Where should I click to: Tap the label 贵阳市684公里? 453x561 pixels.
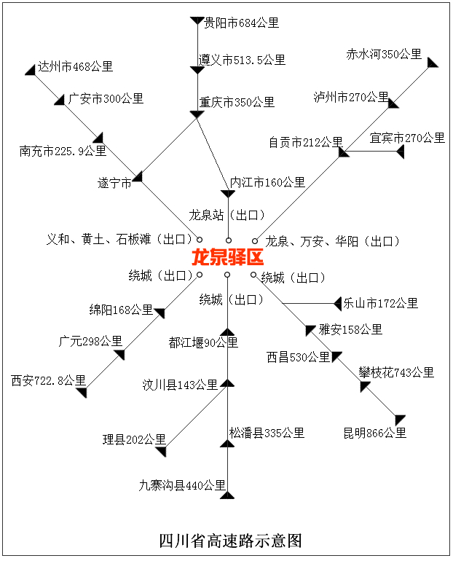pyautogui.click(x=241, y=23)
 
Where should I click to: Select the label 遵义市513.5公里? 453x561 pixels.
pyautogui.click(x=242, y=60)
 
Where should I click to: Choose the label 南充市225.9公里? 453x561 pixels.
pyautogui.click(x=63, y=152)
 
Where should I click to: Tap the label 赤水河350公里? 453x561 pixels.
pyautogui.click(x=384, y=55)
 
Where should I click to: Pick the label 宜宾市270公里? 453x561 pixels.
pyautogui.click(x=407, y=138)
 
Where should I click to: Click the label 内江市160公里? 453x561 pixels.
pyautogui.click(x=267, y=182)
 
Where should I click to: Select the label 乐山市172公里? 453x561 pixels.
pyautogui.click(x=381, y=303)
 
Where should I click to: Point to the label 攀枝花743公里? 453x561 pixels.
pyautogui.click(x=396, y=372)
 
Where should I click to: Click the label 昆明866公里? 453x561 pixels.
pyautogui.click(x=375, y=433)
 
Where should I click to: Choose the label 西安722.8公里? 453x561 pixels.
pyautogui.click(x=48, y=380)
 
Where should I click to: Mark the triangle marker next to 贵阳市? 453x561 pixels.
pyautogui.click(x=196, y=21)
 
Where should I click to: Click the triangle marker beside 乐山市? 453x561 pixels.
pyautogui.click(x=337, y=303)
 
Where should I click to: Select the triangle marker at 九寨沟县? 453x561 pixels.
pyautogui.click(x=227, y=495)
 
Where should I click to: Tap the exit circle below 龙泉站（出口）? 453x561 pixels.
pyautogui.click(x=228, y=240)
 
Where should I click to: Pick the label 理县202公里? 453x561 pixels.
pyautogui.click(x=134, y=439)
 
